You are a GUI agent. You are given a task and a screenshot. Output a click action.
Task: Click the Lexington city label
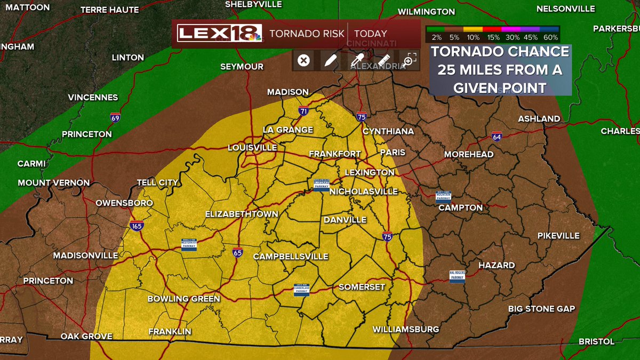pos(370,173)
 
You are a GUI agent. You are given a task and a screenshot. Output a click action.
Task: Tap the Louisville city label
pos(252,148)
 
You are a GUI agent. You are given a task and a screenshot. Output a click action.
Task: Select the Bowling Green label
pos(183,299)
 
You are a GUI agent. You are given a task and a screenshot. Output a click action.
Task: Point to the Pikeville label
pos(558,236)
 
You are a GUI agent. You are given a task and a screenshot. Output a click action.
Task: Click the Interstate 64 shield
pos(497,137)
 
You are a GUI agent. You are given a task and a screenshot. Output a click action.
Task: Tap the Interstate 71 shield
pos(303,111)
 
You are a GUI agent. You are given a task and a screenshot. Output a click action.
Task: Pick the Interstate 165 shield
pos(136,226)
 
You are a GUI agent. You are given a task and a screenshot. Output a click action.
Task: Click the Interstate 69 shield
pos(115,117)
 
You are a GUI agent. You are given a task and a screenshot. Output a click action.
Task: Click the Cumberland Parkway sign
pos(302,289)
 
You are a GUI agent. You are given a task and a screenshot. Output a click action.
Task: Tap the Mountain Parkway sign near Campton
pos(444,198)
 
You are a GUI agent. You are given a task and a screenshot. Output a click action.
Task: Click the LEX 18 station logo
pos(220,34)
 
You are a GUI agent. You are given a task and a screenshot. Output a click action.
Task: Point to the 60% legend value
pos(551,38)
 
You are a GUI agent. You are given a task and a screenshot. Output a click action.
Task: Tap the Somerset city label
pos(362,287)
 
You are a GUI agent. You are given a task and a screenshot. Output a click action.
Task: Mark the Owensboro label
pos(124,203)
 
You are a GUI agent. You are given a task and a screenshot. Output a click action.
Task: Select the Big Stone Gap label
pos(541,309)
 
